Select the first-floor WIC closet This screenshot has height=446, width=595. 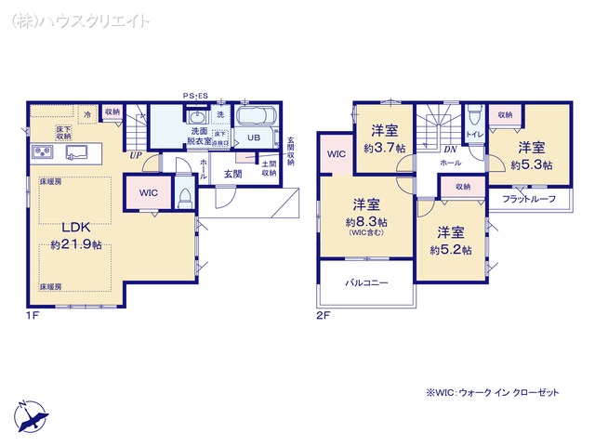148,192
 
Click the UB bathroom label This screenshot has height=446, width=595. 253,138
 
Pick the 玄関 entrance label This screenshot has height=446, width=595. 232,173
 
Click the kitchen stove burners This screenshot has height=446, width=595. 42,151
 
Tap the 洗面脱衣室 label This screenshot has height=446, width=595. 200,138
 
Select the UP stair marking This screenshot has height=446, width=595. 137,155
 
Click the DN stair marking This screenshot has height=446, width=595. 450,149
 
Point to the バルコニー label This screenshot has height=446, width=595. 366,281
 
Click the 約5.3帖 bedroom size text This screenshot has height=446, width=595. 531,164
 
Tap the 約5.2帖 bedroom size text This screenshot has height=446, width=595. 451,249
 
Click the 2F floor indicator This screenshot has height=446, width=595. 323,316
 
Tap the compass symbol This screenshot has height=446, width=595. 31,414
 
